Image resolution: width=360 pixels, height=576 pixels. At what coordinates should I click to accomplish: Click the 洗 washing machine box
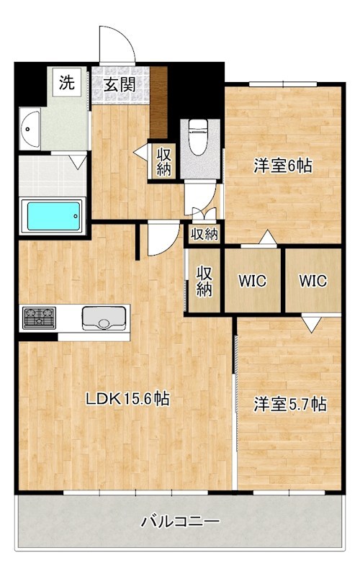67,82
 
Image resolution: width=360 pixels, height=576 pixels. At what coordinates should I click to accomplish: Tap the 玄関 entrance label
120,84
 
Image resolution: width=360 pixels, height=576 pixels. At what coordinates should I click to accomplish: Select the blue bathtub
53,216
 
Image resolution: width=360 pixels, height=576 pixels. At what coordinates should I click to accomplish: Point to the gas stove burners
40,318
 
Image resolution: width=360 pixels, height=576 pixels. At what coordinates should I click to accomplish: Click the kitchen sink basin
104,318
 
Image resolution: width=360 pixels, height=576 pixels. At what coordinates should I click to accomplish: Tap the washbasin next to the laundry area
30,129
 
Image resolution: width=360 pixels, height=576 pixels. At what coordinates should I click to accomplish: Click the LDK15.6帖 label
127,398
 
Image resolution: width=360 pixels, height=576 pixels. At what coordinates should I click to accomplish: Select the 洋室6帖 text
283,166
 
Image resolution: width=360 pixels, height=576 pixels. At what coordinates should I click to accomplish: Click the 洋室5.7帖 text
290,405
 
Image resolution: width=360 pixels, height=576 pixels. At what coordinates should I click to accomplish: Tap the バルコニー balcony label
181,521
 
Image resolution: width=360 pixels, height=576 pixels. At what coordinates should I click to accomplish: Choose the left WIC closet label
252,281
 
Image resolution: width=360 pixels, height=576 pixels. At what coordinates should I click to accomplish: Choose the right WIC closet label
312,281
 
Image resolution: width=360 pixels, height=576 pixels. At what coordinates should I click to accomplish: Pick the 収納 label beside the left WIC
204,281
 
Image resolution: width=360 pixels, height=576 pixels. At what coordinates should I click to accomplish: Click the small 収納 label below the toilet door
204,234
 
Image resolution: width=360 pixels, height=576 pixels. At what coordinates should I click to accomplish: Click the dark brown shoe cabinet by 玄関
158,102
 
